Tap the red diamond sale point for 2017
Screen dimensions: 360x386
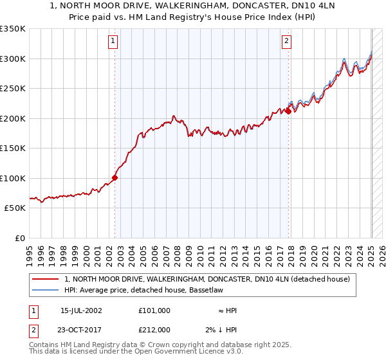tap(288, 111)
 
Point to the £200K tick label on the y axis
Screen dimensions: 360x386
tap(12, 118)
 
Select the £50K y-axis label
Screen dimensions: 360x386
tap(15, 208)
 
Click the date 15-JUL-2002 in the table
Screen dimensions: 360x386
tap(81, 310)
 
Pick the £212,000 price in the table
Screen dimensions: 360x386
tap(154, 329)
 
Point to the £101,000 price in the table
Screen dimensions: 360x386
tap(154, 310)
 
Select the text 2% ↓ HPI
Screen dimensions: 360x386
tap(223, 329)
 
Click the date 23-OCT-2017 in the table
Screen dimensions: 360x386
tap(81, 329)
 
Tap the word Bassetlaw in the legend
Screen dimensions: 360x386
tap(205, 291)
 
